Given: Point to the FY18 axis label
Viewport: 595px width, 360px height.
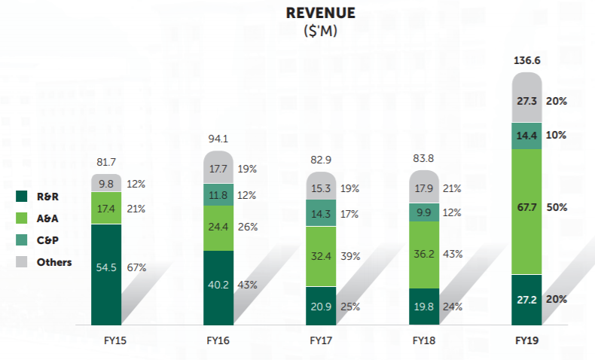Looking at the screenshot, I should point(424,340).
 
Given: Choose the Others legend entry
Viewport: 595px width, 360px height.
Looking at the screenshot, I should point(54,262).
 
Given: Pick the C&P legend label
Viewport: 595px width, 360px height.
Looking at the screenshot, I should point(48,240).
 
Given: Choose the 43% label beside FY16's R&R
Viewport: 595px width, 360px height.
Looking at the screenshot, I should point(247,285).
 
